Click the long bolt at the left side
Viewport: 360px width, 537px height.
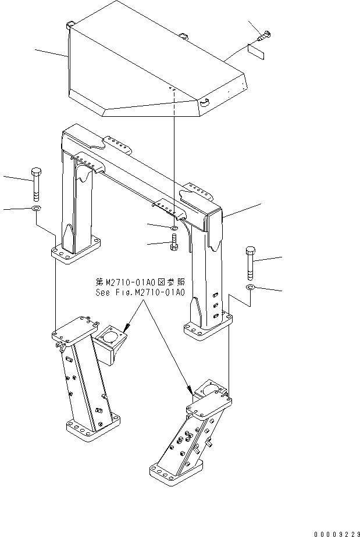click(x=35, y=182)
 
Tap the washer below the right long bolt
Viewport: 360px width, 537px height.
click(x=250, y=287)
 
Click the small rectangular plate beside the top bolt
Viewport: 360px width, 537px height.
click(x=256, y=52)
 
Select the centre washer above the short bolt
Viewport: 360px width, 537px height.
click(x=174, y=227)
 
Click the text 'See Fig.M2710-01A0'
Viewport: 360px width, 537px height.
click(x=139, y=293)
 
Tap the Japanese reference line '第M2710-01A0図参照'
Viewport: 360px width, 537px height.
click(x=139, y=282)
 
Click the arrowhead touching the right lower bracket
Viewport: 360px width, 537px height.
click(x=190, y=391)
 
